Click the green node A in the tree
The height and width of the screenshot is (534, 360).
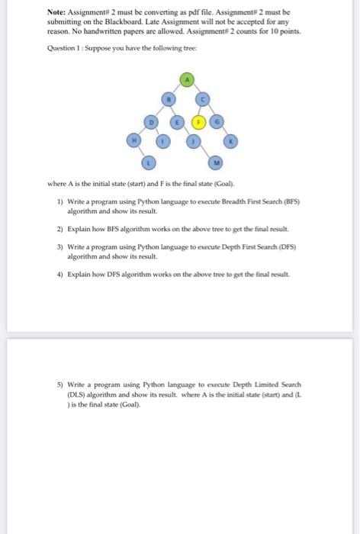(x=188, y=79)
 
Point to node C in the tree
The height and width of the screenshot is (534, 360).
(x=204, y=98)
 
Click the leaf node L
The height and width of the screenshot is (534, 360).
(x=151, y=161)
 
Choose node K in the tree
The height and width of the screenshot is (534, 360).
(x=232, y=140)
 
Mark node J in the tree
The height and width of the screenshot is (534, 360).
(x=196, y=140)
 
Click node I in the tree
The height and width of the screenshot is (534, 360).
(x=163, y=140)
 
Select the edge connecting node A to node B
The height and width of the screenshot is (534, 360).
(x=178, y=88)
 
